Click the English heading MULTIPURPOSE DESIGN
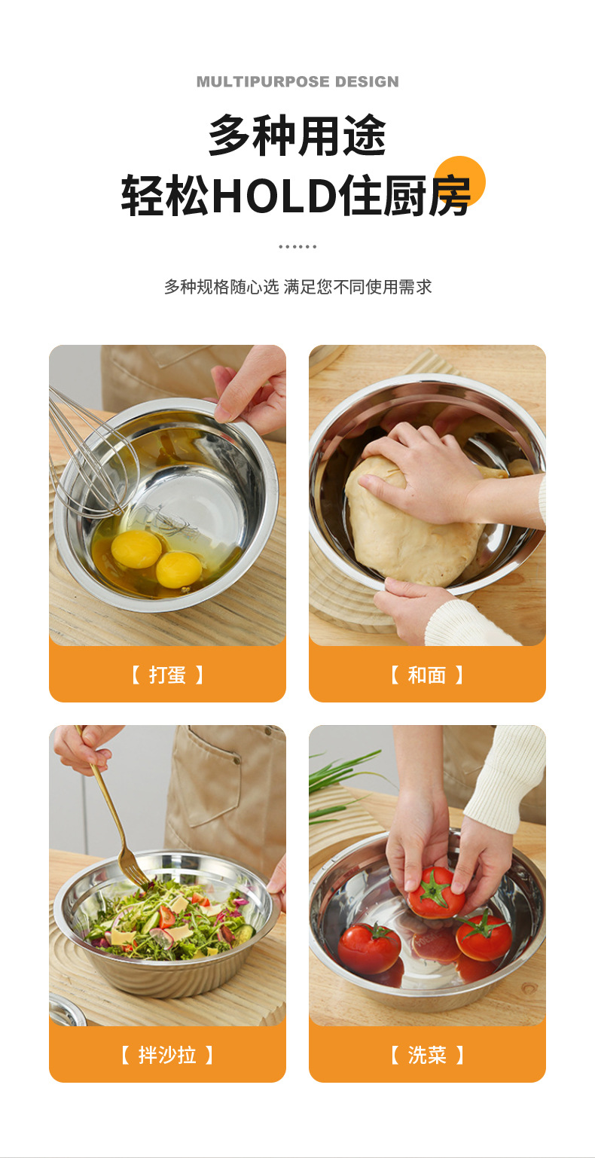(297, 81)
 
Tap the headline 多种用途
(297, 136)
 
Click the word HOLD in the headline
(274, 196)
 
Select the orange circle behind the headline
(459, 181)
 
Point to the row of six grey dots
(297, 247)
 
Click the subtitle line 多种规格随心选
(221, 286)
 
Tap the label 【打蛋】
(167, 675)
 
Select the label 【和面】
(427, 675)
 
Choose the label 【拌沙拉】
(167, 1055)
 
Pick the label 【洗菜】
(427, 1055)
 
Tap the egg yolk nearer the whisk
(136, 549)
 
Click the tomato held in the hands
(436, 893)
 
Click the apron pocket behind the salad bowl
(212, 776)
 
